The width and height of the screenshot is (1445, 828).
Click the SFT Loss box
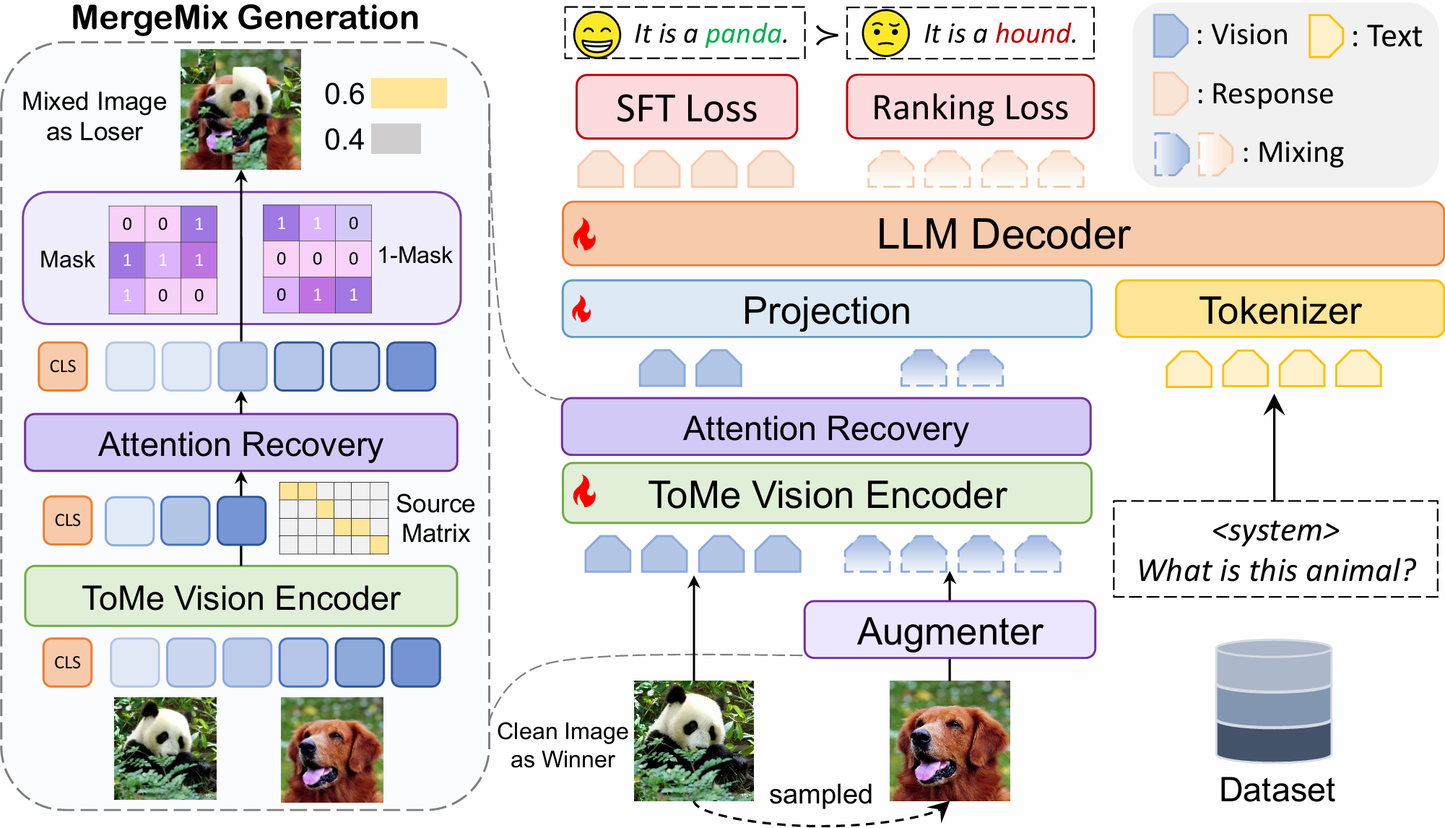(x=686, y=107)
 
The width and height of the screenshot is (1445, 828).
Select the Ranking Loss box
(x=970, y=107)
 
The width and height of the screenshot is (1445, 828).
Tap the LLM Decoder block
(x=1002, y=234)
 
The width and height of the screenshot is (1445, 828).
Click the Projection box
(x=826, y=310)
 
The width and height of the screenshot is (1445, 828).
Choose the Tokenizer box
(x=1280, y=310)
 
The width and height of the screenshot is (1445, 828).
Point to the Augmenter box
(x=950, y=630)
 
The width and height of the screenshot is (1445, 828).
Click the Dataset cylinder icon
(x=1274, y=701)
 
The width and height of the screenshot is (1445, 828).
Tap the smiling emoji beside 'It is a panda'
(x=596, y=34)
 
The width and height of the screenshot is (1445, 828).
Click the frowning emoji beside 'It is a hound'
(x=885, y=34)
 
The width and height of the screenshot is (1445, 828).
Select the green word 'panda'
(x=745, y=34)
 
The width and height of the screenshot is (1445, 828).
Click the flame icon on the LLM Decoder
(x=584, y=235)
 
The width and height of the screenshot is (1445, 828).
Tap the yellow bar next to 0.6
(x=409, y=94)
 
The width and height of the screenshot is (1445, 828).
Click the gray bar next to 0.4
(x=396, y=139)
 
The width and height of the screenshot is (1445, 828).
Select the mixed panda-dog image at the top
(x=240, y=109)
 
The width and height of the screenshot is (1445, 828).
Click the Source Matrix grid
(x=334, y=518)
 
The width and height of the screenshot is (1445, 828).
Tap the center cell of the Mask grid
(x=163, y=259)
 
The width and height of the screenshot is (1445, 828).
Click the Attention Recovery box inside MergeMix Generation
(x=240, y=443)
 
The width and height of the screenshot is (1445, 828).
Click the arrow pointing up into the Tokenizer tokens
(x=1275, y=448)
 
